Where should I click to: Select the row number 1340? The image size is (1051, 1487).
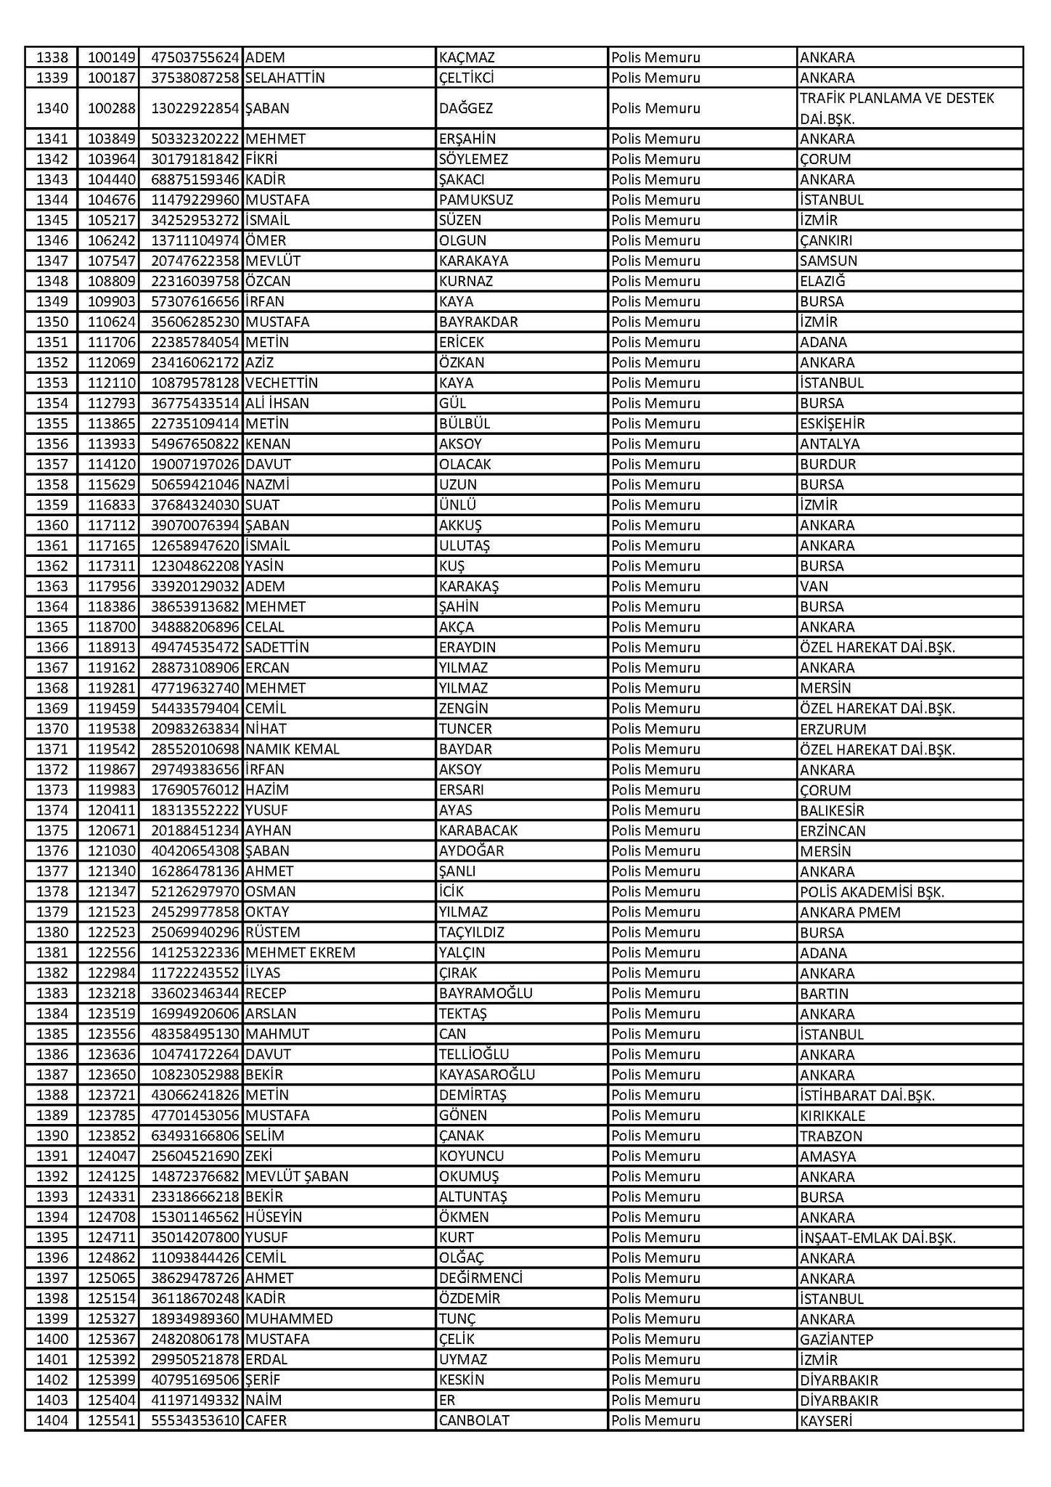pyautogui.click(x=52, y=108)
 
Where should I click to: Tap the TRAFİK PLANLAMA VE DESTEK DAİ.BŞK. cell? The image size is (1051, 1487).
pyautogui.click(x=896, y=108)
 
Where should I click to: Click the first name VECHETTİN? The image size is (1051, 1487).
pyautogui.click(x=282, y=383)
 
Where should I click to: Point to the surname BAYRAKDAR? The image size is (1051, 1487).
pyautogui.click(x=478, y=322)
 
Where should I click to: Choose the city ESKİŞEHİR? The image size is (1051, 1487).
pyautogui.click(x=832, y=423)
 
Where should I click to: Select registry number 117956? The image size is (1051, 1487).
pyautogui.click(x=108, y=586)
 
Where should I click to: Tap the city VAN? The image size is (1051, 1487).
pyautogui.click(x=814, y=586)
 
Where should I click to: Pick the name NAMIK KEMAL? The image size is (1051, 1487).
pyautogui.click(x=293, y=749)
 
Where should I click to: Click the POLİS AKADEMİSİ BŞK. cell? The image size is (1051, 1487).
pyautogui.click(x=872, y=892)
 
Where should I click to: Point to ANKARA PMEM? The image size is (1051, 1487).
pyautogui.click(x=849, y=912)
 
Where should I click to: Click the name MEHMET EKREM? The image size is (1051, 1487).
pyautogui.click(x=300, y=953)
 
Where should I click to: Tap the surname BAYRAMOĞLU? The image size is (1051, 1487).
pyautogui.click(x=486, y=993)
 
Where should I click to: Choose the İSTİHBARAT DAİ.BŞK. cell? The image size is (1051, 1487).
pyautogui.click(x=867, y=1095)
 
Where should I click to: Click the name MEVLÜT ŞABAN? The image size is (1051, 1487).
pyautogui.click(x=297, y=1176)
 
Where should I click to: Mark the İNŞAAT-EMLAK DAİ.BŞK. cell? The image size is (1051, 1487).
pyautogui.click(x=877, y=1237)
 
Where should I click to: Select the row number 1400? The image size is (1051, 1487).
pyautogui.click(x=52, y=1339)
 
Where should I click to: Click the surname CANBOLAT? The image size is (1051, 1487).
pyautogui.click(x=474, y=1420)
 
